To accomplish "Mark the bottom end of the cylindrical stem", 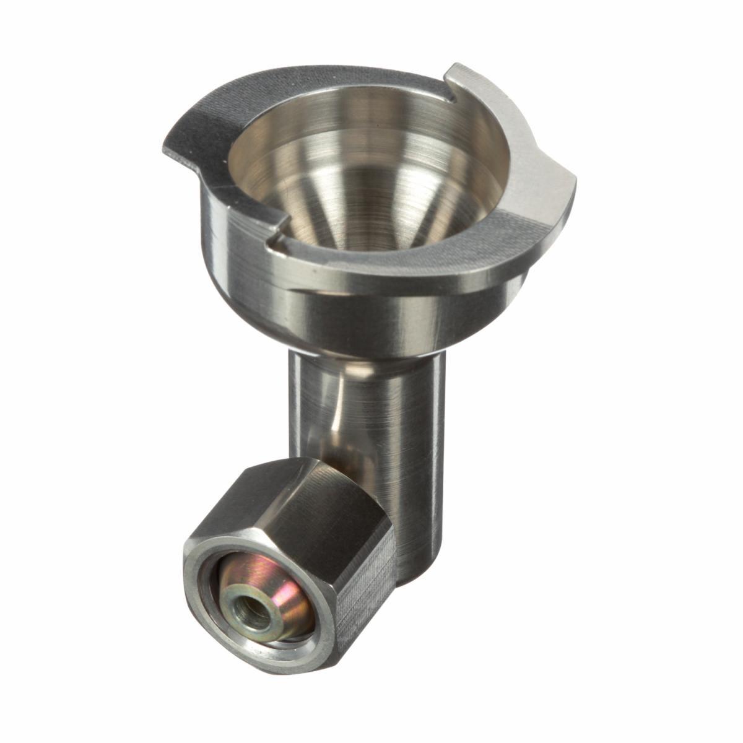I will click(x=415, y=579).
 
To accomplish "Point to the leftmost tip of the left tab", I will click(x=164, y=146).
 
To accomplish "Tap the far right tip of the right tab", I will click(x=575, y=180).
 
